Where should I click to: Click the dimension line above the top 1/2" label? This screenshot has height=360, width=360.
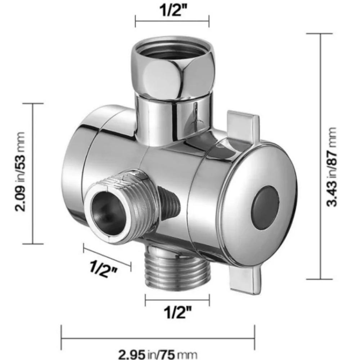tap(172, 21)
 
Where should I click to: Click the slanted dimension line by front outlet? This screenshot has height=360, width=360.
tap(107, 256)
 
